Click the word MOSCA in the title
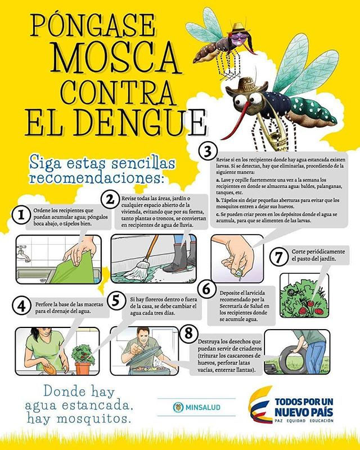pyautogui.click(x=107, y=56)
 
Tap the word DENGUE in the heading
pyautogui.click(x=142, y=118)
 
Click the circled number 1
pyautogui.click(x=21, y=214)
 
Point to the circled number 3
pyautogui.click(x=209, y=151)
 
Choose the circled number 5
pyautogui.click(x=116, y=300)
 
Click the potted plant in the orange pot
pyautogui.click(x=83, y=360)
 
